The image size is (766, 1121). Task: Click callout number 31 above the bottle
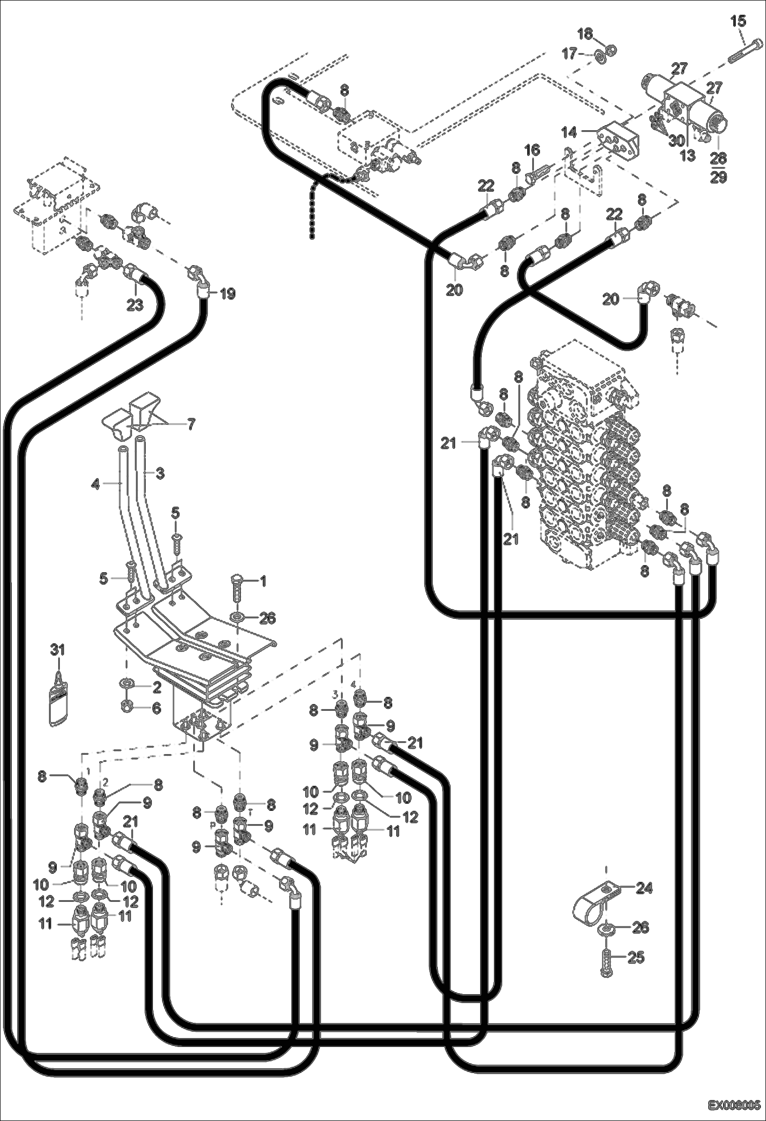tap(58, 650)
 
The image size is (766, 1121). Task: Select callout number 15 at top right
tap(738, 21)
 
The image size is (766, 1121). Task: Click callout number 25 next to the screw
tap(636, 957)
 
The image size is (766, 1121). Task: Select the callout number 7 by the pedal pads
tap(190, 425)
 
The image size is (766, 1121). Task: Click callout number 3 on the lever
tap(160, 474)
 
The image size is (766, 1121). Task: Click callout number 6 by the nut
tap(156, 708)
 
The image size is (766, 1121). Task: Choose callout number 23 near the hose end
tap(134, 305)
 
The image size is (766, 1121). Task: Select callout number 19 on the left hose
tap(227, 294)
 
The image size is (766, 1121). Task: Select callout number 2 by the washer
tap(156, 687)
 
